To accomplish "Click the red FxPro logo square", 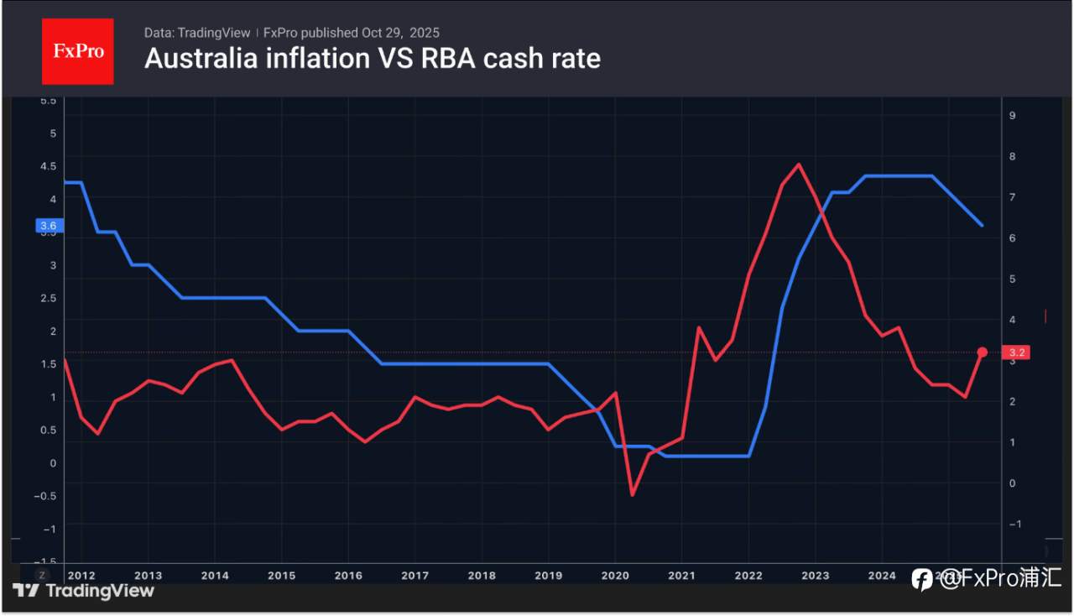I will tap(78, 51).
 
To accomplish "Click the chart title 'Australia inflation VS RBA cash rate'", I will tap(372, 59).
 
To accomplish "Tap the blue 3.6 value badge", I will tap(47, 226).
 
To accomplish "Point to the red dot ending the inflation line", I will tap(983, 352).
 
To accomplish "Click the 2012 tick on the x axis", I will tap(81, 576).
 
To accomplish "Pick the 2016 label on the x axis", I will tap(348, 576).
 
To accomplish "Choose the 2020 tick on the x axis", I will tap(615, 576).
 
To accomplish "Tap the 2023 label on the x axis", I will tap(815, 576).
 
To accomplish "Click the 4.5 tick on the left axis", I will tap(48, 166).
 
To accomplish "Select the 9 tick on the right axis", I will tap(1013, 115).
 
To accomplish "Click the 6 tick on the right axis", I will tap(1013, 238).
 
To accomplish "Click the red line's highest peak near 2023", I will tap(798, 164).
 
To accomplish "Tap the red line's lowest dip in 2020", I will tap(632, 494).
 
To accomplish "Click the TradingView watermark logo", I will tap(84, 590).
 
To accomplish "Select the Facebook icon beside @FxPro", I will tap(921, 579).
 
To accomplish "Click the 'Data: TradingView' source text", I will tap(197, 33).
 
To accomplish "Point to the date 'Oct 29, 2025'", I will tap(400, 33).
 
